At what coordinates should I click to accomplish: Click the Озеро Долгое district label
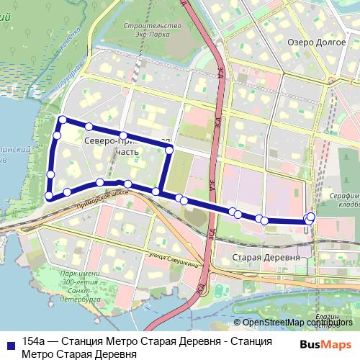click(312, 42)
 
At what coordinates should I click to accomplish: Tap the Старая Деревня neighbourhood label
click(267, 257)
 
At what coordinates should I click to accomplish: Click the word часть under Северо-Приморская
click(125, 153)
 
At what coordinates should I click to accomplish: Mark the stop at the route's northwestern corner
click(63, 120)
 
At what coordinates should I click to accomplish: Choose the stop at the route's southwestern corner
click(49, 195)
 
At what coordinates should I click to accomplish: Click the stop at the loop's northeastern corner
click(169, 150)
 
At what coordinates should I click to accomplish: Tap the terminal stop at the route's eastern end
click(311, 217)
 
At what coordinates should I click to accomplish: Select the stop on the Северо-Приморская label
click(124, 135)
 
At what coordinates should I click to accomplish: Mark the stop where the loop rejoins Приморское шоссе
click(156, 191)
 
